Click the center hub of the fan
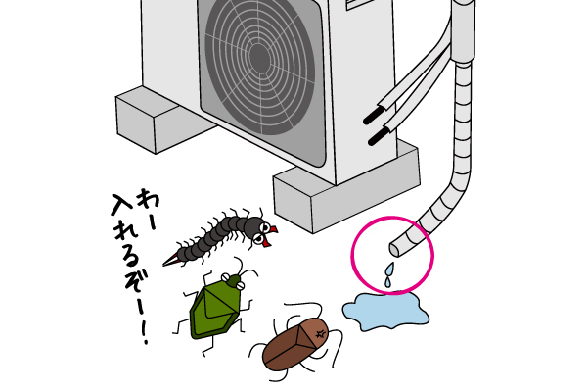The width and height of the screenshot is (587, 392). pos(259,58)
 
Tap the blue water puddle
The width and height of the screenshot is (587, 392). pos(385,311)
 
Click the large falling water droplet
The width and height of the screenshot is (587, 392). pos(389,269)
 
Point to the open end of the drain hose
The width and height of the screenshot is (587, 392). pos(394,250)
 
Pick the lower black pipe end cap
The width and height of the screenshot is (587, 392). pos(379,136)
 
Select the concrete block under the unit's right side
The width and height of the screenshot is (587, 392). pos(346,186)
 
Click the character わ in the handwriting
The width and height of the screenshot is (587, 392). pos(147,198)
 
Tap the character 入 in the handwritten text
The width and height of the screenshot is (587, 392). pos(122,205)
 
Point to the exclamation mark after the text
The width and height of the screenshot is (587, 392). pos(145,331)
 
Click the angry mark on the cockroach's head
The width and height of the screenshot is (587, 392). pos(321,333)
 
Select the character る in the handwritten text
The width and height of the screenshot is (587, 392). pos(129,259)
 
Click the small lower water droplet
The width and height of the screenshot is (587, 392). pos(387,282)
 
